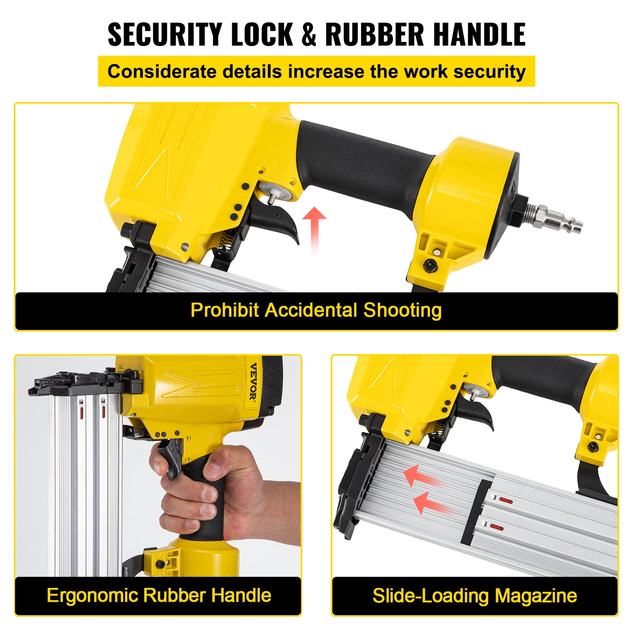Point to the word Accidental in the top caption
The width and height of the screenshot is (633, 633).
pyautogui.click(x=311, y=310)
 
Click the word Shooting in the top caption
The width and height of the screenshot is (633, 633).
pyautogui.click(x=402, y=311)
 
